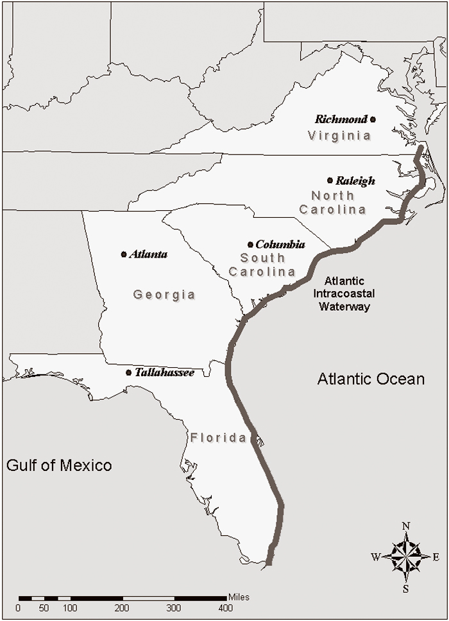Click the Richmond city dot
click(x=373, y=119)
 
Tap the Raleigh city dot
click(x=330, y=181)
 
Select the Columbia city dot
click(x=250, y=244)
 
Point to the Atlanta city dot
click(x=124, y=254)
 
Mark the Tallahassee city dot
click(x=129, y=372)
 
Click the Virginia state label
click(x=339, y=136)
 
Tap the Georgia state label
click(x=164, y=295)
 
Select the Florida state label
click(x=218, y=438)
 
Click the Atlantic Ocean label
click(x=371, y=379)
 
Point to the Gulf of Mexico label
click(x=59, y=465)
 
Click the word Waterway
click(x=344, y=306)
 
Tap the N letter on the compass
click(x=405, y=526)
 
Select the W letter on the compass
click(x=375, y=557)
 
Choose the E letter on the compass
click(x=436, y=557)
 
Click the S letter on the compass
click(x=405, y=588)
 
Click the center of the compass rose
click(x=405, y=556)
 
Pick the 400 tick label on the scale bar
click(x=226, y=608)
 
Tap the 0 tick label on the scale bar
click(x=18, y=608)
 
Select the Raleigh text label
click(x=355, y=181)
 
